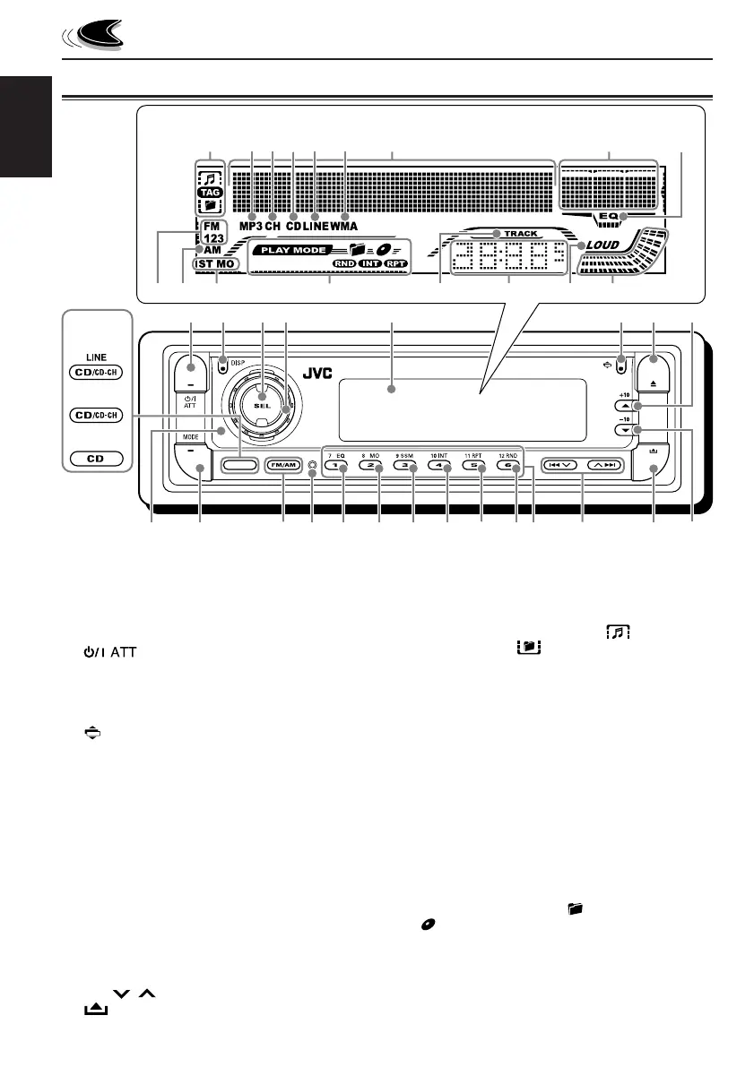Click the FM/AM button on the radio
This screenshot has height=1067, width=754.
283,466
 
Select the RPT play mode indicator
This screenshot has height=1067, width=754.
395,264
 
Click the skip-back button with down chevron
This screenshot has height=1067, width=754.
559,466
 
